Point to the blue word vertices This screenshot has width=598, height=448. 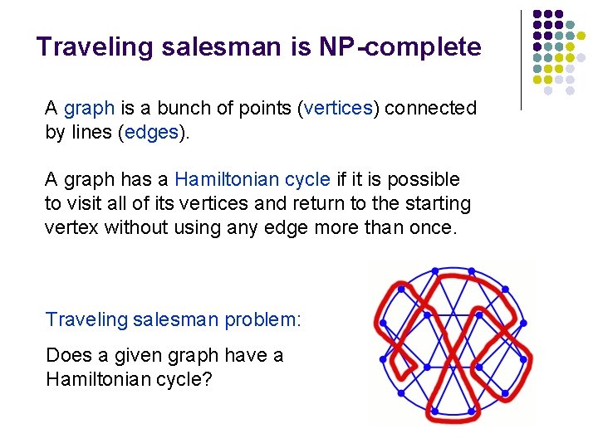pos(340,109)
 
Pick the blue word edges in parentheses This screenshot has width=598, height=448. pos(150,133)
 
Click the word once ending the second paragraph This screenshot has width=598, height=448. pos(434,227)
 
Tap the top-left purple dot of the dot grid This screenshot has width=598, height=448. pos(537,14)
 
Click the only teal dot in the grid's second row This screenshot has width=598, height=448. pos(570,36)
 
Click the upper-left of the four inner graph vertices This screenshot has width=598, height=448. pos(426,316)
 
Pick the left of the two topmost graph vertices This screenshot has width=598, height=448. pos(435,271)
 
